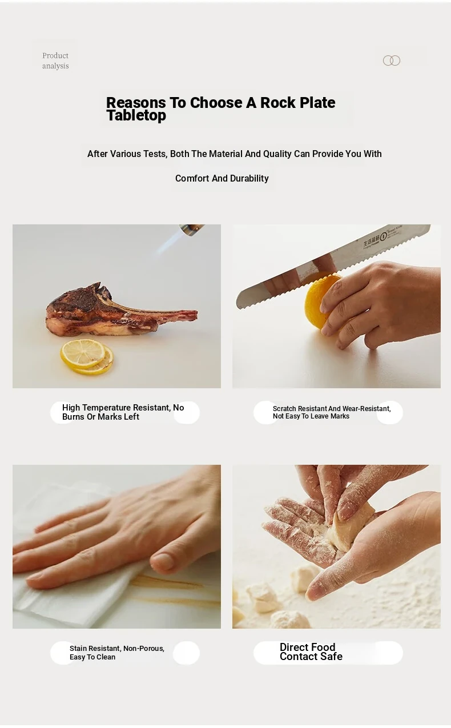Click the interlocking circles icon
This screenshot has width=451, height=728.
pos(392,61)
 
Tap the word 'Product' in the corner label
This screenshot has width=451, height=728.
pos(55,55)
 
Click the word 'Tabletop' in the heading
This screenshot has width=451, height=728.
pos(136,115)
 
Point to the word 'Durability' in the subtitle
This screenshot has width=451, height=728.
pos(249,178)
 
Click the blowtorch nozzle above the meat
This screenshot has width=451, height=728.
pos(192,229)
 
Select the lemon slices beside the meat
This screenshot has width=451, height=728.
pos(87,356)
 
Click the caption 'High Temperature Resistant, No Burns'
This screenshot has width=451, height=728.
pos(123,412)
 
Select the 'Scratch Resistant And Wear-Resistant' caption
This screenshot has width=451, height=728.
pos(332,412)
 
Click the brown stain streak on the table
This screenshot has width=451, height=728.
pos(176,588)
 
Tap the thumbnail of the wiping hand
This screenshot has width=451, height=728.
pos(116,546)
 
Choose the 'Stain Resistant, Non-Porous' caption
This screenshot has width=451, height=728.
pos(117,653)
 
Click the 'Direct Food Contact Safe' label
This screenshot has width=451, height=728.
pos(311,651)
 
